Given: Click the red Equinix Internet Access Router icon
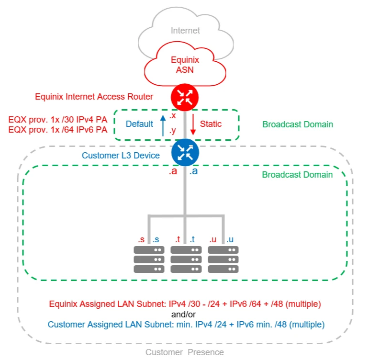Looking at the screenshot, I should click(x=184, y=97).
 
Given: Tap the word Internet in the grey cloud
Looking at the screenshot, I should click(x=185, y=31).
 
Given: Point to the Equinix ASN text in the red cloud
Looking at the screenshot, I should click(x=185, y=65).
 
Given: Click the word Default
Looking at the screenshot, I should click(x=139, y=124).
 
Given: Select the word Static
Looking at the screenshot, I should click(x=211, y=124).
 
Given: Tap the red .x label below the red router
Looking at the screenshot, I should click(x=173, y=116).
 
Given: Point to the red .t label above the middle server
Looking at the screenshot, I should click(x=178, y=239).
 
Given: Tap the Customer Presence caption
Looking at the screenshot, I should click(x=184, y=352).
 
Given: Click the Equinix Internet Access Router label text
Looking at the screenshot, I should click(x=94, y=97).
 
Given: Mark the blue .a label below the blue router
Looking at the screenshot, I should click(x=193, y=171).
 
